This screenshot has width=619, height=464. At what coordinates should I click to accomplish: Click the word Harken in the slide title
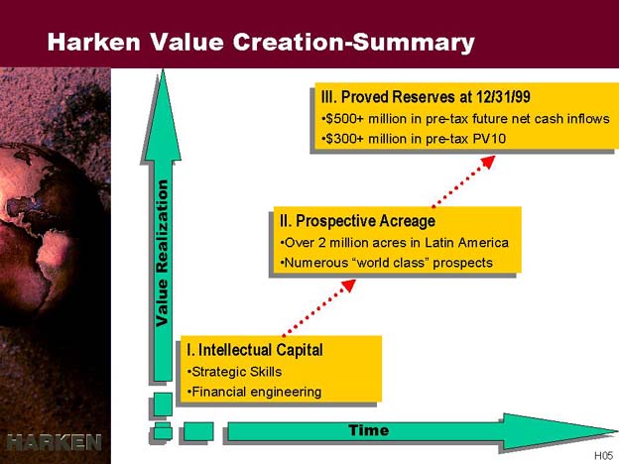(94, 42)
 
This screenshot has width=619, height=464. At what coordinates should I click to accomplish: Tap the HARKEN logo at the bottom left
(55, 442)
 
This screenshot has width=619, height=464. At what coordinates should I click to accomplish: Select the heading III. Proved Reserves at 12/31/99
(426, 97)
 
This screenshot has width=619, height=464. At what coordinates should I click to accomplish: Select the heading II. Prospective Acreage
(358, 221)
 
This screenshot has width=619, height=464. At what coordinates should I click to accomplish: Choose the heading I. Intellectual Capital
(255, 350)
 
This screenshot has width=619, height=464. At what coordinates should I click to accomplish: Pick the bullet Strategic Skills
(234, 372)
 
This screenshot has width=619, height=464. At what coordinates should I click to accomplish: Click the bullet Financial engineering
(254, 392)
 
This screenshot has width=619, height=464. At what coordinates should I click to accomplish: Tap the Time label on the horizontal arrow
(369, 430)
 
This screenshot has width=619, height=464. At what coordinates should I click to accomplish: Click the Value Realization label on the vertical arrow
(162, 253)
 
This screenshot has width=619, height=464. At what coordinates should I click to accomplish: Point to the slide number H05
(603, 456)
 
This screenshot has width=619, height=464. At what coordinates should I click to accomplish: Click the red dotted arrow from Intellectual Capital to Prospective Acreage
(319, 308)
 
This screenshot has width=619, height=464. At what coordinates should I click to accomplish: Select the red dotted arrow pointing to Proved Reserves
(463, 181)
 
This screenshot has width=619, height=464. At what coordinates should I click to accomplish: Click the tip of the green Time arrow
(617, 431)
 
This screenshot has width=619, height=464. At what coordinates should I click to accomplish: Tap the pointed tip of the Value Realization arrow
(163, 70)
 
